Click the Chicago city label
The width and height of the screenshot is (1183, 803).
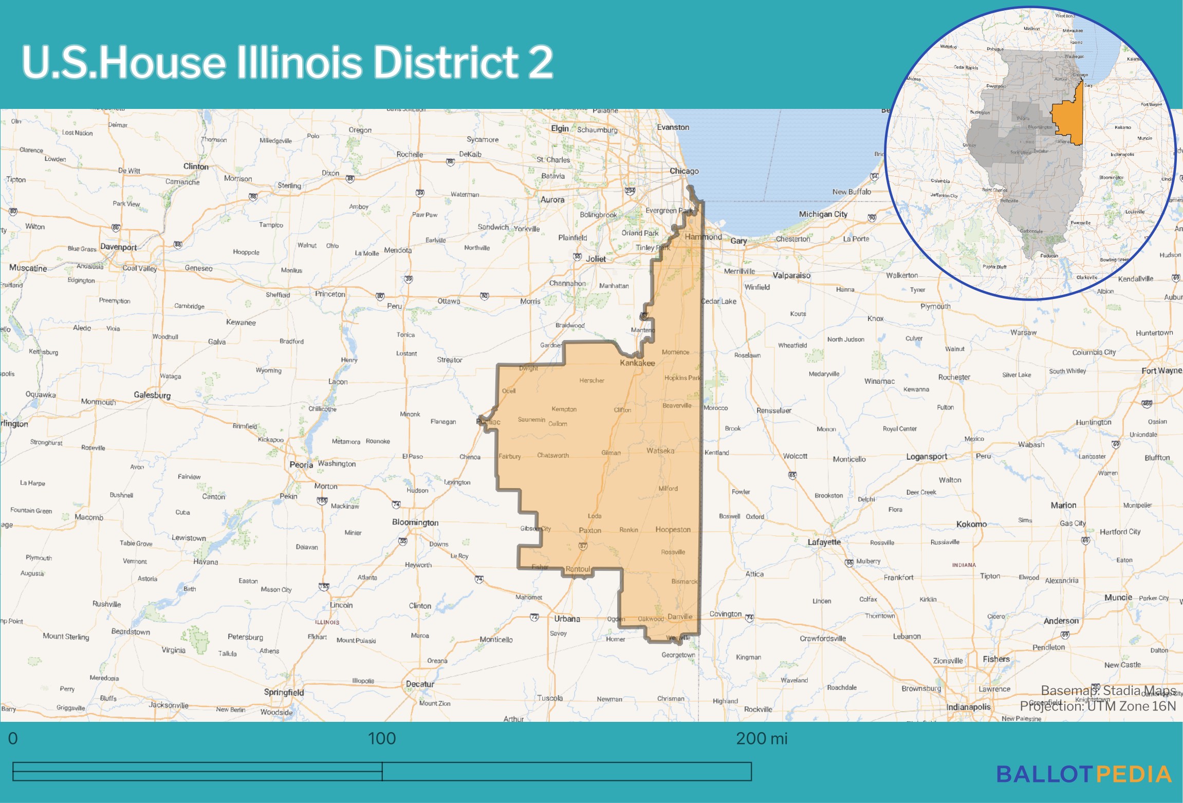pos(684,171)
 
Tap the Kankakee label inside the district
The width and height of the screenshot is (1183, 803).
pos(637,363)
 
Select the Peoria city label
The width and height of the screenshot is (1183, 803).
pos(301,464)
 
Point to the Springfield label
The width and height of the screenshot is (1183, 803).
pos(284,692)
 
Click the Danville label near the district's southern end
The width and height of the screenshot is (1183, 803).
pos(680,617)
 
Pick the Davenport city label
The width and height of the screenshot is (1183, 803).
pos(119,247)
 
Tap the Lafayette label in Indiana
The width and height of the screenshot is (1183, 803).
pos(824,542)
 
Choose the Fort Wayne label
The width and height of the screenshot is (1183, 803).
pos(1161,370)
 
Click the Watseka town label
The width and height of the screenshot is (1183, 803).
pos(660,451)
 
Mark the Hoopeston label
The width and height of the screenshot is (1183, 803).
pos(673,529)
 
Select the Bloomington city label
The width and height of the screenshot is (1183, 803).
pos(415,522)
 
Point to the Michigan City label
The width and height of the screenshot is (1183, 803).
pos(823,214)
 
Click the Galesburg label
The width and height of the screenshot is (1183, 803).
pos(152,395)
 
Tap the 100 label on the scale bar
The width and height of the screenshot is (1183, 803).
pos(382,738)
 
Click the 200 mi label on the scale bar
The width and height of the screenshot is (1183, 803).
pos(761,738)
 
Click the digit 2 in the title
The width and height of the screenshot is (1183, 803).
pos(540,63)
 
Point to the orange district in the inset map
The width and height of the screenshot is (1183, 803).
pos(1068,123)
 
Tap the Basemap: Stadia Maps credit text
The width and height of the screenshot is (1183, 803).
pos(1108,690)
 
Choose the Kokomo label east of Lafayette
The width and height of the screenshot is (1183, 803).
pos(971,524)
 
